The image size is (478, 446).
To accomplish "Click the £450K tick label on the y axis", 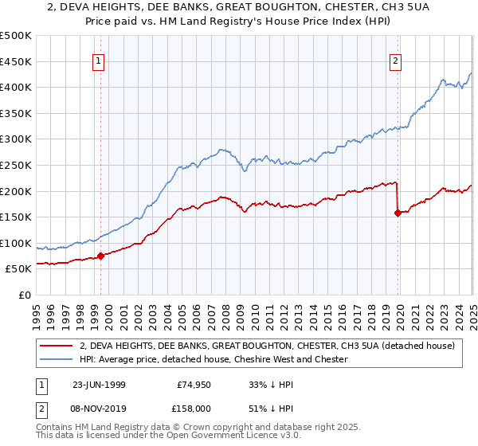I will pos(16,61).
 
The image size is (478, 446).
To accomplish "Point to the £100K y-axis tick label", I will pos(16,243).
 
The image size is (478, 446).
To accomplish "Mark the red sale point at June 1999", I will pos(101,256).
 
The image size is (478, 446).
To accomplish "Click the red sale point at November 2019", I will pos(398,213).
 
